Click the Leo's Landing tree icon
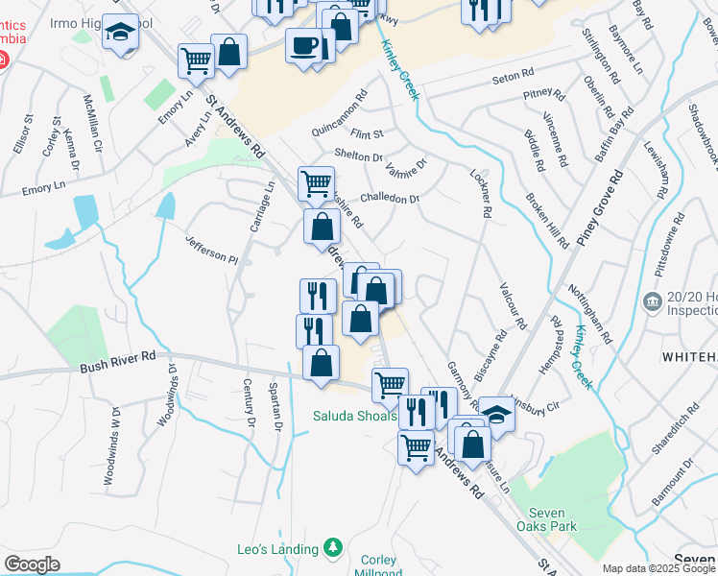333,548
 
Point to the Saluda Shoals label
354,416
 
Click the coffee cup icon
304,46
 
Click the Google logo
32,564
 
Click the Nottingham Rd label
591,316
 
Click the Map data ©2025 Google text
658,568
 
